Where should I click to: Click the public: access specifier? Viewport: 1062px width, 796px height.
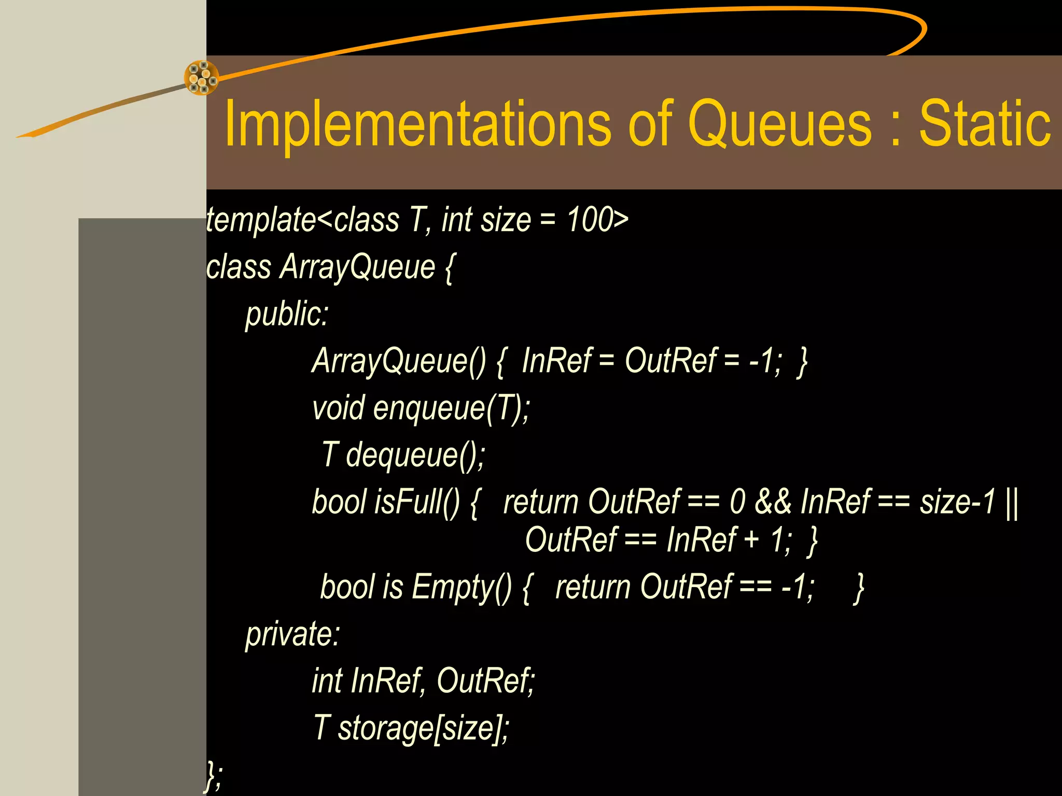point(287,314)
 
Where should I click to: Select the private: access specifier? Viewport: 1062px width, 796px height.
point(292,634)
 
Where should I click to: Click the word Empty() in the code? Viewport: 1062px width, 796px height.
point(462,588)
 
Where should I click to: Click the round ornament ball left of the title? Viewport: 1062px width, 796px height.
point(201,78)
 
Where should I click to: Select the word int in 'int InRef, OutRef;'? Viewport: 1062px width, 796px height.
point(327,681)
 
